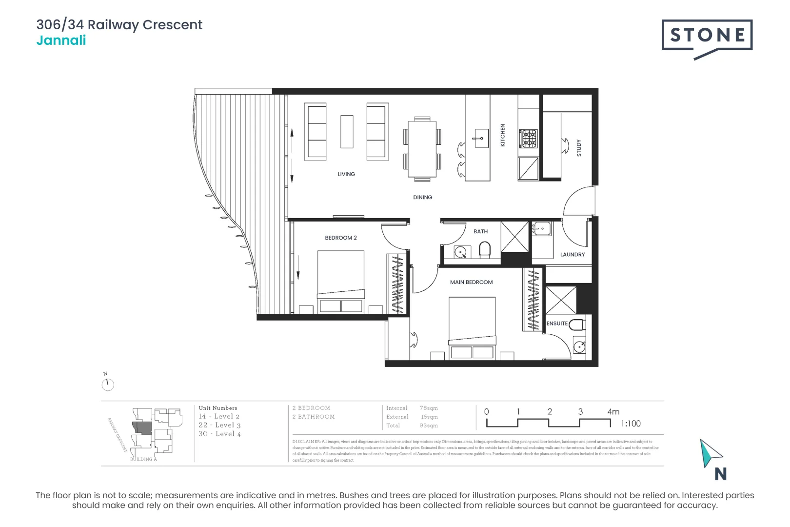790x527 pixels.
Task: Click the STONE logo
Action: tap(707, 35)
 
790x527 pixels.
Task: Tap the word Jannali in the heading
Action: tap(61, 41)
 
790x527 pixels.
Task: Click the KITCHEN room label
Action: tap(503, 135)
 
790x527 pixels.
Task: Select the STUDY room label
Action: tap(579, 147)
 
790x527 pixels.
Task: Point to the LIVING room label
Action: tap(346, 174)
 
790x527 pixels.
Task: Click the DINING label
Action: tap(422, 198)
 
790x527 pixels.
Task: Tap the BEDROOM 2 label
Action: tap(341, 238)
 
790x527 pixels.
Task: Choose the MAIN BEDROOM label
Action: tap(471, 283)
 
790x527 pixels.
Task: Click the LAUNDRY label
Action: tap(572, 255)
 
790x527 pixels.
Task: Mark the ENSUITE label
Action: tap(557, 324)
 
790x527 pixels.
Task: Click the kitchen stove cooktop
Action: tap(528, 139)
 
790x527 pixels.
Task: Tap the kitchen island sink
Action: tap(481, 138)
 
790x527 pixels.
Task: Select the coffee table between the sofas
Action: tap(347, 131)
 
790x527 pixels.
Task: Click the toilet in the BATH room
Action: tap(484, 250)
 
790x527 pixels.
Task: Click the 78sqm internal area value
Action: tap(429, 408)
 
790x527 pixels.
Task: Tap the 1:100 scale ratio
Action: tap(631, 424)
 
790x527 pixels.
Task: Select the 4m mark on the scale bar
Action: tap(613, 412)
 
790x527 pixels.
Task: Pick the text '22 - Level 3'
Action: tap(219, 426)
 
